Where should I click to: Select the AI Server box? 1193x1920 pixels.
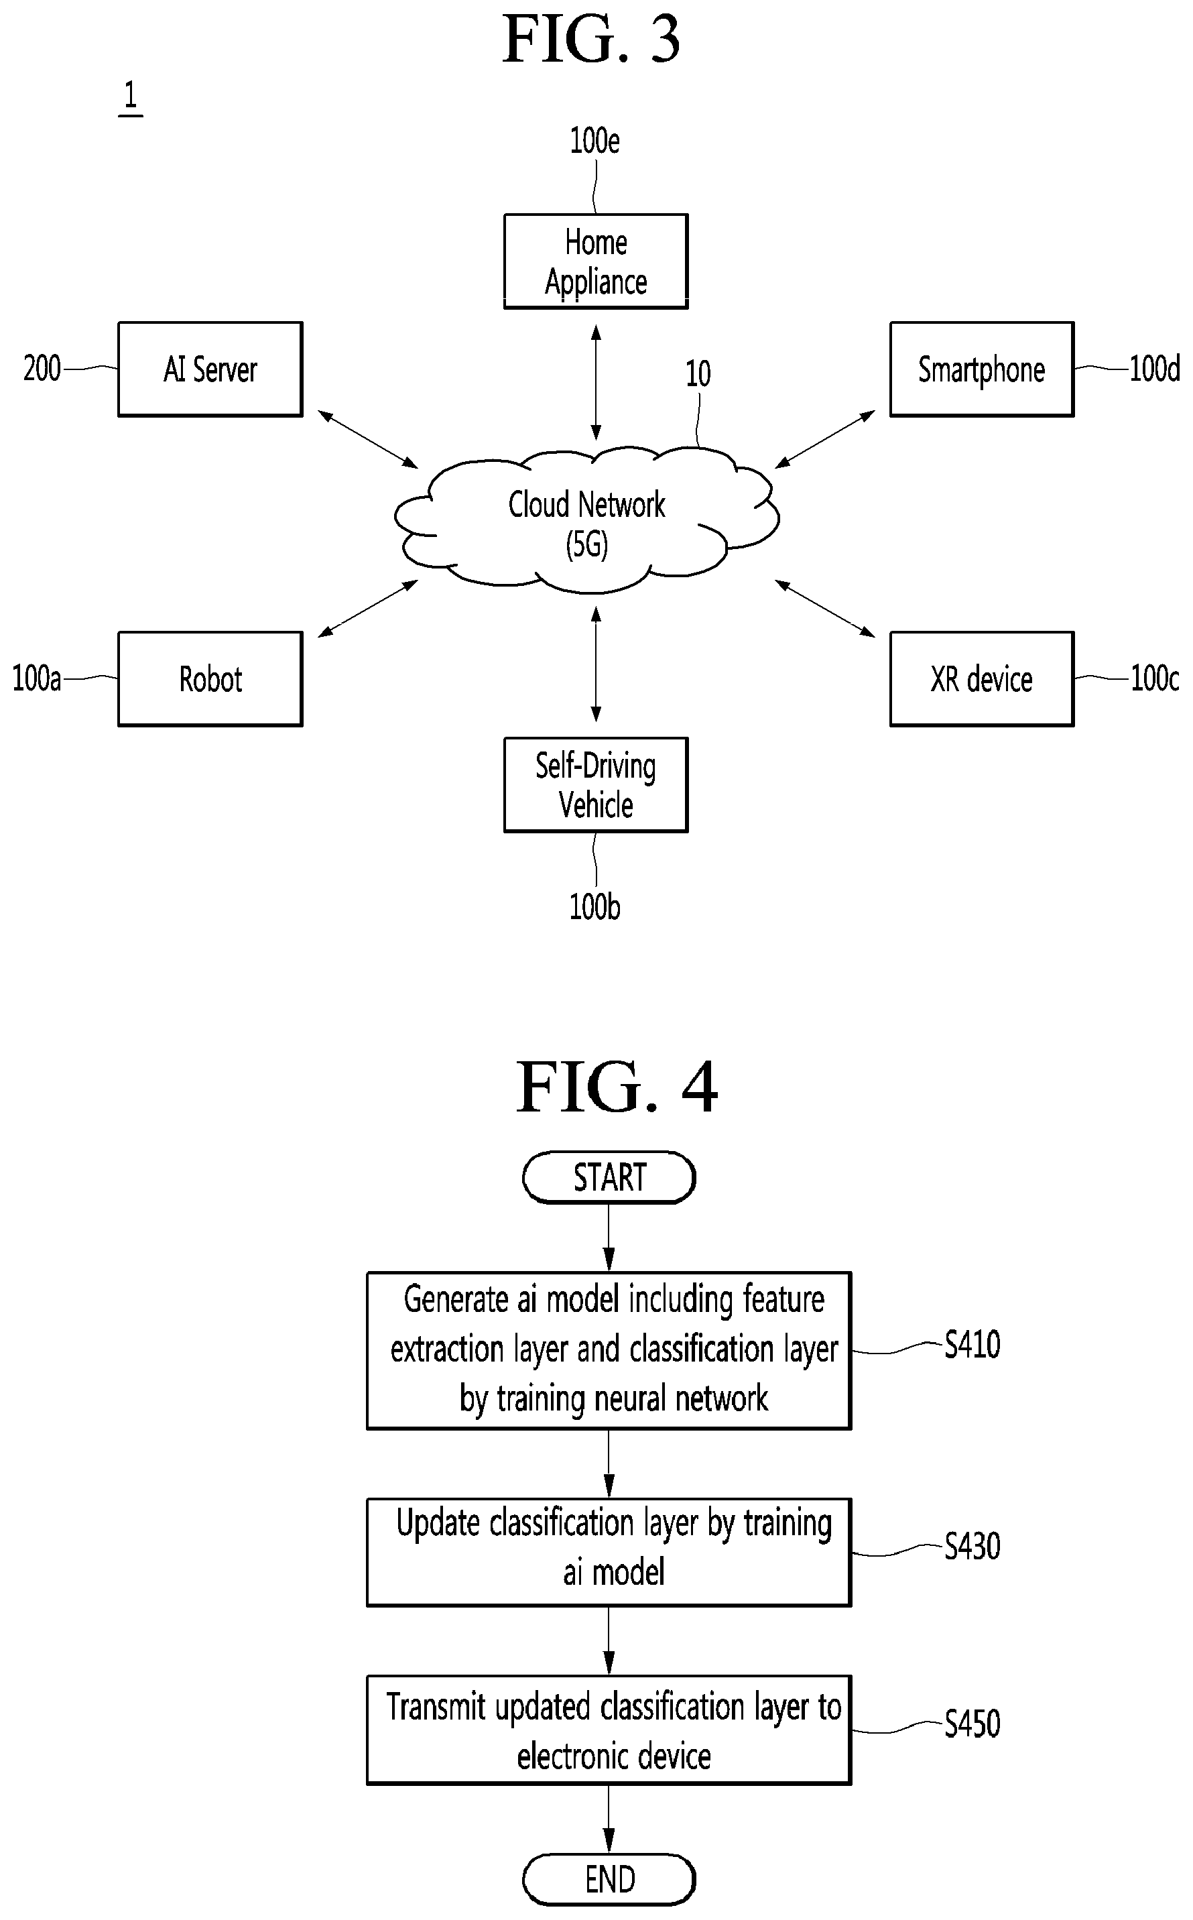pyautogui.click(x=210, y=369)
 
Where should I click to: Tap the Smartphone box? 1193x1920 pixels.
pyautogui.click(x=981, y=369)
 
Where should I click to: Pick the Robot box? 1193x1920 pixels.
pyautogui.click(x=210, y=678)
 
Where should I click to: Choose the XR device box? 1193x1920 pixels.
pyautogui.click(x=981, y=678)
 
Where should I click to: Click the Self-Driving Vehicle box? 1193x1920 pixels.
pyautogui.click(x=596, y=784)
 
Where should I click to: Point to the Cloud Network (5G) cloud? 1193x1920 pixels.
pyautogui.click(x=587, y=521)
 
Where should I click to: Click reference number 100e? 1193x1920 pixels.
pyautogui.click(x=595, y=141)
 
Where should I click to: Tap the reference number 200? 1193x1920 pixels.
pyautogui.click(x=42, y=369)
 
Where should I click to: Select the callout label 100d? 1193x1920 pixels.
pyautogui.click(x=1154, y=369)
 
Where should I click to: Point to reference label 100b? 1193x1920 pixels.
pyautogui.click(x=595, y=907)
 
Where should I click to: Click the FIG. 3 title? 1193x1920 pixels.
pyautogui.click(x=592, y=40)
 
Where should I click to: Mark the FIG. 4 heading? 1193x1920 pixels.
pyautogui.click(x=617, y=1087)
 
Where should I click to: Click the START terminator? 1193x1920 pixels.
pyautogui.click(x=609, y=1177)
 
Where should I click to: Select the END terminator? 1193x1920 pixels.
pyautogui.click(x=609, y=1879)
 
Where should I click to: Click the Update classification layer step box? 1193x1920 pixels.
pyautogui.click(x=609, y=1552)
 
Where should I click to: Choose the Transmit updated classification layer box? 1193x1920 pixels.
pyautogui.click(x=609, y=1730)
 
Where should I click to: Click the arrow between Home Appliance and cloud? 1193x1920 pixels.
pyautogui.click(x=596, y=383)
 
